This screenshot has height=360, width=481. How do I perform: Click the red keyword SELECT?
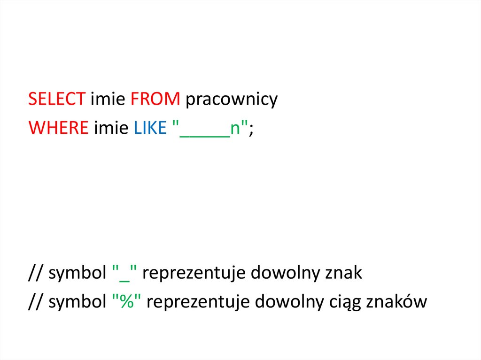pos(56,100)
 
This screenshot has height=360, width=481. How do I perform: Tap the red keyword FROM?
pos(155,100)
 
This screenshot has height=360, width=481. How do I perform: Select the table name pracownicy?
pos(231,100)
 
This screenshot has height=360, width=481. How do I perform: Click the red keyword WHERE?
pos(59,127)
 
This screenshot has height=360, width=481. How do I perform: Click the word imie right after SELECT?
pos(108,100)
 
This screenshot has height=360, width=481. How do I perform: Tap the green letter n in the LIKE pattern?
pos(235,128)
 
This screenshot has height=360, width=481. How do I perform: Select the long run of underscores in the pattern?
pos(204,134)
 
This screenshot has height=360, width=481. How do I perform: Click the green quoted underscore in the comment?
pos(124,274)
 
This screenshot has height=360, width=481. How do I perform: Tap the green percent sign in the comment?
pos(126,301)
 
